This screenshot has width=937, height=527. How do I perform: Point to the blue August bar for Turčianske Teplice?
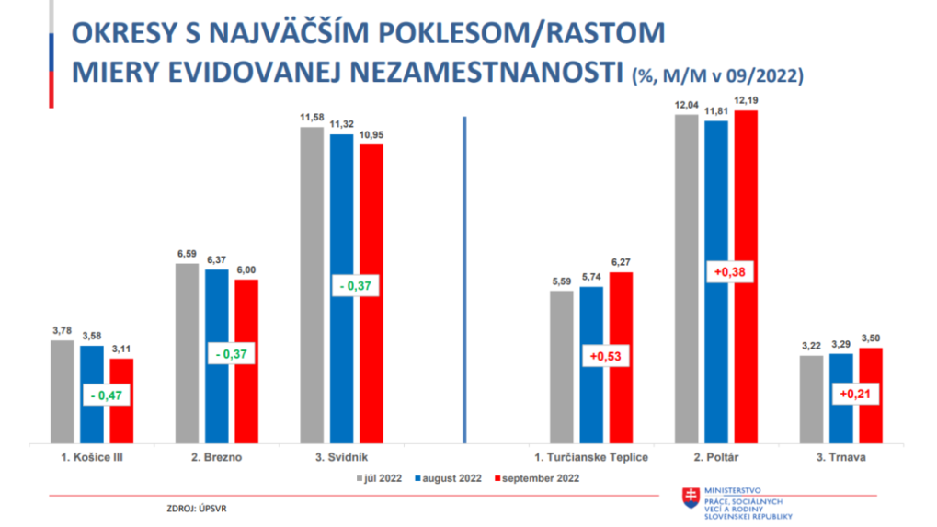coord(591,322)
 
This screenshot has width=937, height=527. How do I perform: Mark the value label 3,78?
coord(61,331)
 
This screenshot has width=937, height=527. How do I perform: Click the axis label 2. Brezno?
coord(216,458)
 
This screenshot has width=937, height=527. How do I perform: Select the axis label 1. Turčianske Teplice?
coord(591,458)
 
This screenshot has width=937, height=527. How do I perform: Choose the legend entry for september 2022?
coord(539,478)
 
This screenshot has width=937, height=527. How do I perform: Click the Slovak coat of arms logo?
coord(688,498)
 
